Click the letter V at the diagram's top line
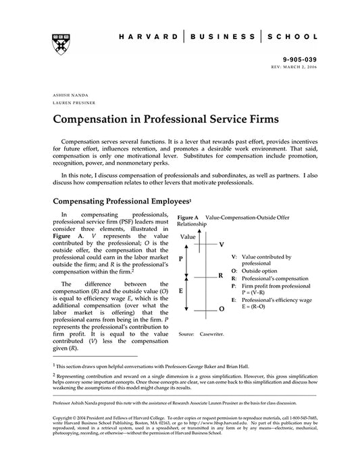click(222, 243)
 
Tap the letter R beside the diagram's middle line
click(220, 276)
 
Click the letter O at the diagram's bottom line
click(222, 309)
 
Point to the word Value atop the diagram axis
click(188, 237)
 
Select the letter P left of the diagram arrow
click(180, 259)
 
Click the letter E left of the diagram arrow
click(180, 291)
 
